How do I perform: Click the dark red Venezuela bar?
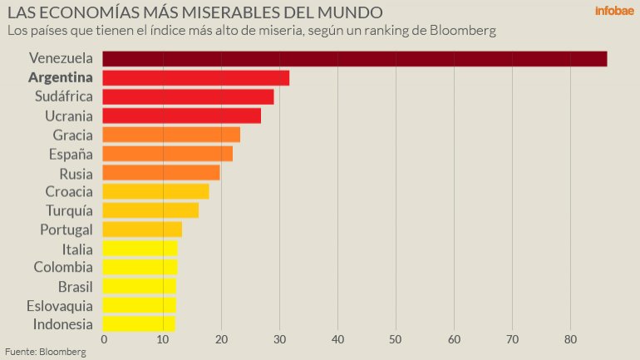pos(354,58)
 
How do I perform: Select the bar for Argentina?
pos(195,77)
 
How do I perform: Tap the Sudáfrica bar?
pos(188,96)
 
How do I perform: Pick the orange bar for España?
pos(167,153)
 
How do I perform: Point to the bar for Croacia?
pos(155,191)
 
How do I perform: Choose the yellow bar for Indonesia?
pos(139,323)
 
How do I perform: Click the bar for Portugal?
pos(142,229)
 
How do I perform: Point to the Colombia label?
pos(63,267)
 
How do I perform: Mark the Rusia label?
pos(76,173)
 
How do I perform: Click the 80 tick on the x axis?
pos(570,339)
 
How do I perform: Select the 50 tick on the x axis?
pos(395,339)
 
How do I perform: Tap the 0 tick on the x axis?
pos(104,339)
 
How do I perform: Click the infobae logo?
pos(614,12)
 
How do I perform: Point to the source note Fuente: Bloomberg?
pos(46,352)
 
